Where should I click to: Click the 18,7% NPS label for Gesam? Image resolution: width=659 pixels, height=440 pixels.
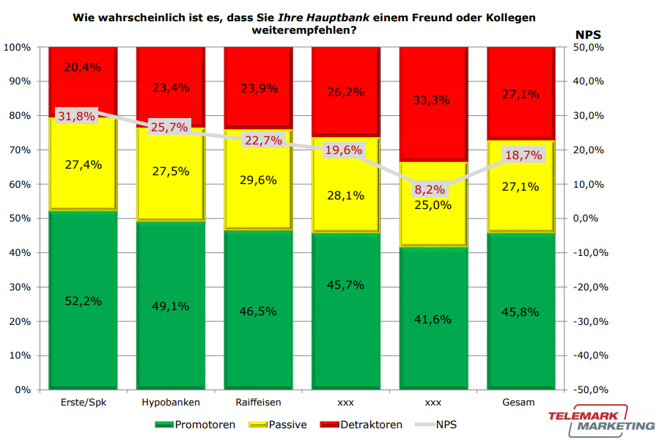tap(522, 155)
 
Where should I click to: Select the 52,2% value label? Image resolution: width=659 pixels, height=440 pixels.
tap(83, 301)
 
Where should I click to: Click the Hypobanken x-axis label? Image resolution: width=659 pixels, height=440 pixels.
tap(170, 403)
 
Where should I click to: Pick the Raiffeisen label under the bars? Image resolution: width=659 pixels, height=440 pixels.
tap(258, 403)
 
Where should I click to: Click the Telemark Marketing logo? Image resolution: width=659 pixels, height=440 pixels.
tap(601, 420)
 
